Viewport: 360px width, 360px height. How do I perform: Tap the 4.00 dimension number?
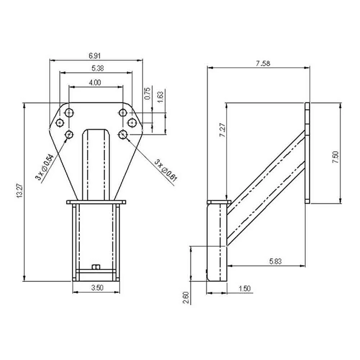click(95, 82)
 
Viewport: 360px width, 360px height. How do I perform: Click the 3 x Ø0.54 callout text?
click(45, 167)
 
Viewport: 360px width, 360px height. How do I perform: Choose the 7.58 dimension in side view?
click(263, 64)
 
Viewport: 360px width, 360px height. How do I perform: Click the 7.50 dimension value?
click(335, 158)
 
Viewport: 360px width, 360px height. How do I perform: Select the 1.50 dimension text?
click(244, 288)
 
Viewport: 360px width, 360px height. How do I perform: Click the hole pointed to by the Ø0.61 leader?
click(123, 134)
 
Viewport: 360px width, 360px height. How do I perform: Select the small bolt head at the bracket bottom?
click(96, 267)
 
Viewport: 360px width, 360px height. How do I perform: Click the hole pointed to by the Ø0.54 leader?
click(69, 134)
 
